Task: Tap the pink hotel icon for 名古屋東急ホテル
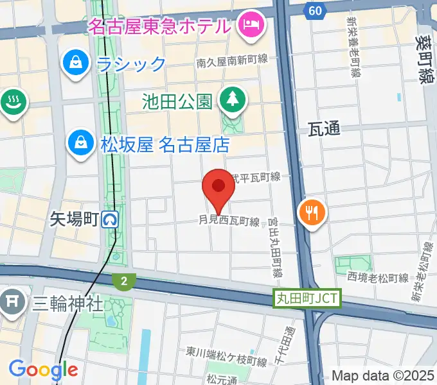[247, 25]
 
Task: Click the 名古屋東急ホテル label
[159, 27]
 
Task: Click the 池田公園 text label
[177, 101]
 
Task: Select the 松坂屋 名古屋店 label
[165, 144]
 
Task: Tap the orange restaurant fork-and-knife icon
[312, 213]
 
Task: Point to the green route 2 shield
[123, 280]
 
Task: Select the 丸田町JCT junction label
[307, 298]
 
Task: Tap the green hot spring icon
[12, 101]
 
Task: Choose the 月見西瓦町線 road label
[229, 222]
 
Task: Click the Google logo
[43, 370]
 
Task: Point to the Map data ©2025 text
[384, 375]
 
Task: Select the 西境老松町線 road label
[378, 278]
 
